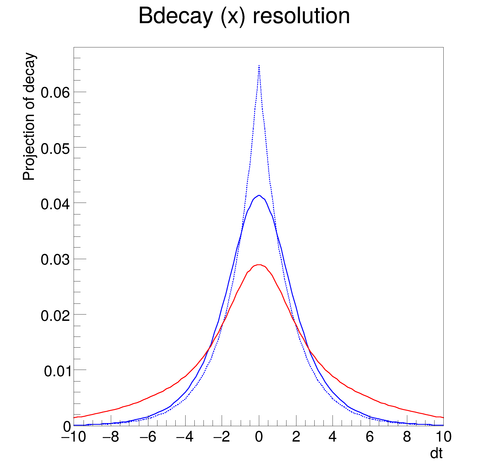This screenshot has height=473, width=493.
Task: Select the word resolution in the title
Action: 301,16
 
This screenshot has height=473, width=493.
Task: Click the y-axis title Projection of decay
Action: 29,117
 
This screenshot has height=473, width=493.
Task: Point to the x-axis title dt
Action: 436,453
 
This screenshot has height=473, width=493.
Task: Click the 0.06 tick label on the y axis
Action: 55,93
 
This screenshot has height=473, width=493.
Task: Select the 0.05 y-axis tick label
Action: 55,149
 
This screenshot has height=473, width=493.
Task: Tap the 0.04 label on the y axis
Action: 55,204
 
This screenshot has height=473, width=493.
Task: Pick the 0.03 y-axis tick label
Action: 55,260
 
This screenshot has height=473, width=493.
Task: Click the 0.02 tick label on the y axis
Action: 55,316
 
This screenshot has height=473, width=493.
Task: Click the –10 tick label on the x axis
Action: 73,437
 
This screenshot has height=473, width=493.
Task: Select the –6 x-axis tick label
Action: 148,437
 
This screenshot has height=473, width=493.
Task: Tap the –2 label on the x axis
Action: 222,437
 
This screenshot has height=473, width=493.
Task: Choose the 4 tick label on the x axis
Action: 333,437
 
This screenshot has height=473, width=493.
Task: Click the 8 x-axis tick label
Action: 407,437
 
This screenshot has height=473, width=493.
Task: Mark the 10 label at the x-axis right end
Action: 443,437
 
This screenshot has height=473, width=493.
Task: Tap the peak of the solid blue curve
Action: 259,195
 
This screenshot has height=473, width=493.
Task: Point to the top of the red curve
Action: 259,265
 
